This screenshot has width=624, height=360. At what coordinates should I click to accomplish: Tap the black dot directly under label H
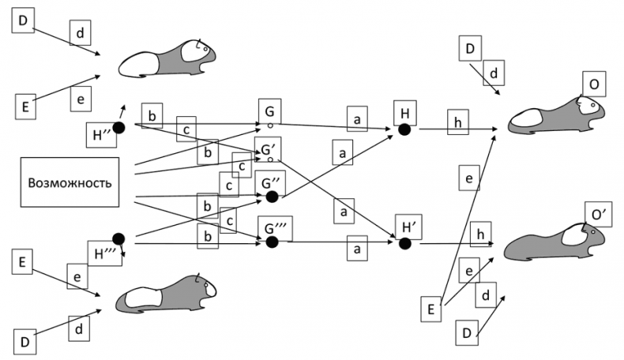point(404,131)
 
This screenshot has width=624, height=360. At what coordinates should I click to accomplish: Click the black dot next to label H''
point(119,126)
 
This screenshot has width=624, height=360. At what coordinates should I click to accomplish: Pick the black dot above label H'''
point(119,237)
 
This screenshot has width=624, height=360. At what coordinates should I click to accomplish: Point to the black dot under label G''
point(272,196)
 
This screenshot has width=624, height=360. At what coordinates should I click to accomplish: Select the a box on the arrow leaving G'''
point(357,249)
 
